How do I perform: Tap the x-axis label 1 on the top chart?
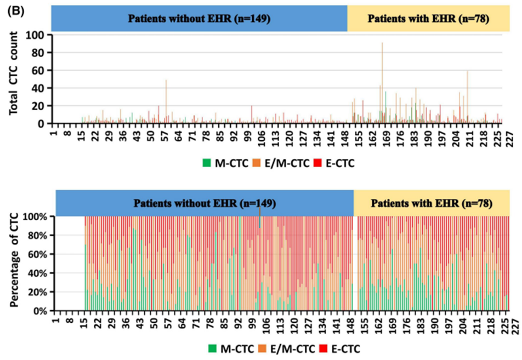coord(53,133)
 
